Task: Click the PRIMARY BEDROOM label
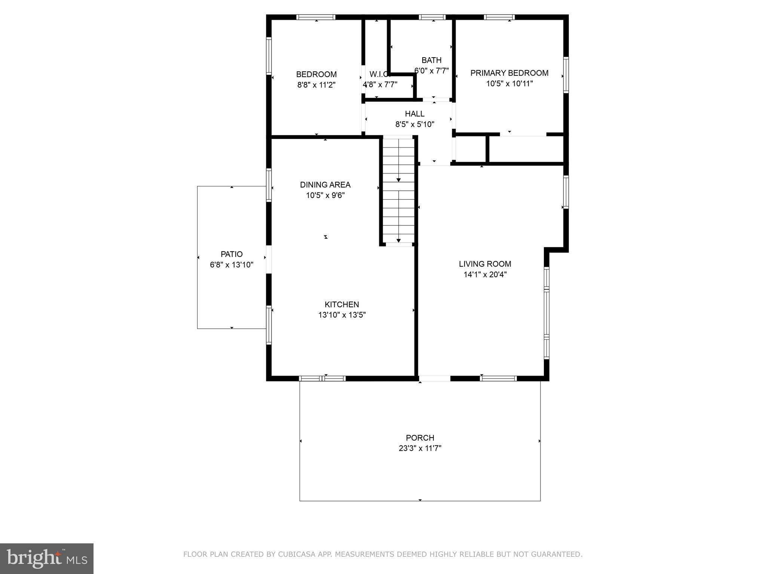pyautogui.click(x=509, y=73)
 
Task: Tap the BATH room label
pyautogui.click(x=431, y=60)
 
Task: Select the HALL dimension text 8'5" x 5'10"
pyautogui.click(x=415, y=124)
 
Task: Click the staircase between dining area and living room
pyautogui.click(x=398, y=191)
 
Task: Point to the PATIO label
pyautogui.click(x=232, y=254)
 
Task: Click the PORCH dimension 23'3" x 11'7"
pyautogui.click(x=420, y=448)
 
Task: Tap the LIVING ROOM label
pyautogui.click(x=485, y=264)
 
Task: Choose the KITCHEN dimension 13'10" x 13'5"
pyautogui.click(x=341, y=315)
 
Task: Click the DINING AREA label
pyautogui.click(x=325, y=185)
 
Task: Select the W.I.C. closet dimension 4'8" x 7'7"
pyautogui.click(x=380, y=85)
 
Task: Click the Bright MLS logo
pyautogui.click(x=47, y=558)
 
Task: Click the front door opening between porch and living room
pyautogui.click(x=434, y=379)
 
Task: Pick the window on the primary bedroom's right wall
pyautogui.click(x=566, y=75)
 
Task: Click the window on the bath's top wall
pyautogui.click(x=432, y=17)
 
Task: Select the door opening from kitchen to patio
pyautogui.click(x=268, y=259)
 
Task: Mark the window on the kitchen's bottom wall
pyautogui.click(x=322, y=379)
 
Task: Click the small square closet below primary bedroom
pyautogui.click(x=471, y=149)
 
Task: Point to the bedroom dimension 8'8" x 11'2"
pyautogui.click(x=316, y=85)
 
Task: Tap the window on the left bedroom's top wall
pyautogui.click(x=316, y=17)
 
